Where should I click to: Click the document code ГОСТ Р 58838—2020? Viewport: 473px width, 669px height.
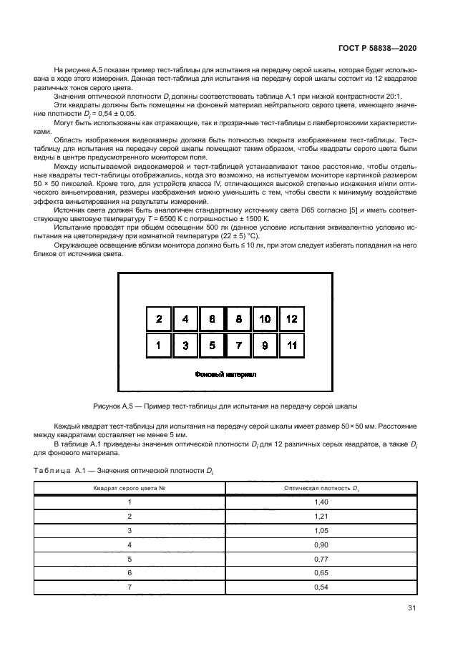click(x=376, y=49)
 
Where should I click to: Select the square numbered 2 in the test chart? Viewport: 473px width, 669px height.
click(x=159, y=319)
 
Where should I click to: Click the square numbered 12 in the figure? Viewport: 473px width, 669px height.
click(x=291, y=319)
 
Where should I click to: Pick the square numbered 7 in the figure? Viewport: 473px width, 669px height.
click(x=238, y=346)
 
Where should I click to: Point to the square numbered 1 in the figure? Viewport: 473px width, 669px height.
click(x=159, y=346)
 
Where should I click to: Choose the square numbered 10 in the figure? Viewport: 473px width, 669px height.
click(x=265, y=319)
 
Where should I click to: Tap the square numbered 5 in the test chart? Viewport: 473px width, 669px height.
click(x=212, y=346)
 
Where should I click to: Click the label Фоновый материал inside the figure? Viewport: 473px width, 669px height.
click(x=225, y=374)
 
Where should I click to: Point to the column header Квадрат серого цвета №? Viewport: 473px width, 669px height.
click(x=130, y=488)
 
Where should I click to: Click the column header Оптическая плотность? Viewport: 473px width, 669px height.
click(x=321, y=488)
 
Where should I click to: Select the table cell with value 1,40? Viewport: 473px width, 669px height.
click(x=321, y=503)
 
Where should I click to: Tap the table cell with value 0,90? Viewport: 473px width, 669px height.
click(x=321, y=545)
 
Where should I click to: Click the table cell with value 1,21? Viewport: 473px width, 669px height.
click(x=321, y=517)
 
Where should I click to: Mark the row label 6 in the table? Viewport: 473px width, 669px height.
click(x=130, y=573)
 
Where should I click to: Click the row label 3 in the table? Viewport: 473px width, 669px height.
click(x=130, y=531)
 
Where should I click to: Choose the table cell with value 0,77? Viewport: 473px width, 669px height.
click(x=321, y=559)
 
